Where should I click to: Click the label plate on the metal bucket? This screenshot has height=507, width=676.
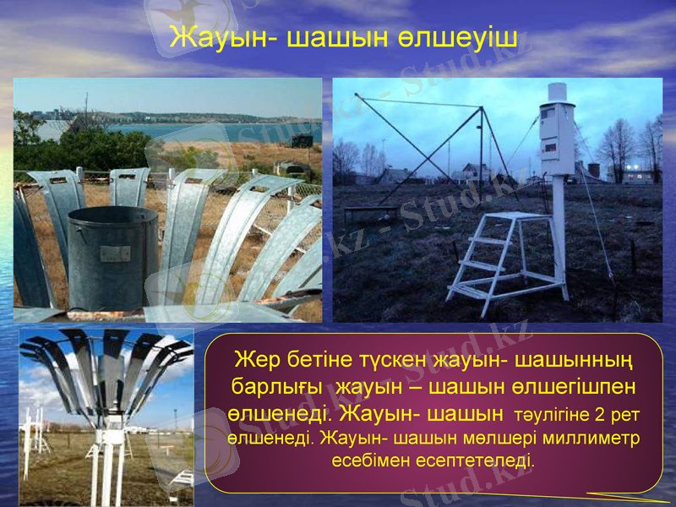pyautogui.click(x=115, y=254)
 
